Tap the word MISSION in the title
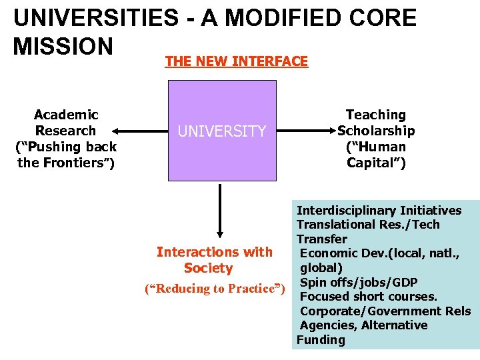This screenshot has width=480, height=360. tap(63, 47)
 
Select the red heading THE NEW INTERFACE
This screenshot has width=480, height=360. tap(236, 62)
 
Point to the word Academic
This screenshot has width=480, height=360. tap(66, 115)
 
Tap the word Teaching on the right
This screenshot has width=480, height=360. tap(375, 115)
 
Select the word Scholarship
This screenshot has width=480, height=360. tap(376, 131)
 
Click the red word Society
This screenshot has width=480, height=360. tap(208, 269)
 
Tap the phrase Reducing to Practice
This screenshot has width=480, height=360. tap(215, 289)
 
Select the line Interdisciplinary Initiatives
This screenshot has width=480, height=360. tap(379, 211)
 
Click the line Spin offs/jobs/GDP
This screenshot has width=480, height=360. tap(359, 282)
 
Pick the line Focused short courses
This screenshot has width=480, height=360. tap(369, 297)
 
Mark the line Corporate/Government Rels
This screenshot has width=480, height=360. tap(385, 311)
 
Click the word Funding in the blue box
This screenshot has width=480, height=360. tap(321, 340)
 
